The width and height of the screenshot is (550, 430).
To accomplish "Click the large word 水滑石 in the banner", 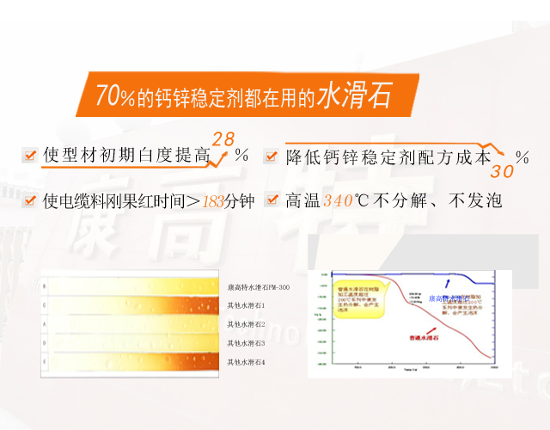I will coord(354,95).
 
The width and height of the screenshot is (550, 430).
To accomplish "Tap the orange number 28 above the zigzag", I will coord(223,138).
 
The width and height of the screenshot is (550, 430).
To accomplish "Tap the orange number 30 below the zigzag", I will coord(502,171).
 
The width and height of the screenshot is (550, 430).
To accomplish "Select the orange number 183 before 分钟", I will coord(212,201).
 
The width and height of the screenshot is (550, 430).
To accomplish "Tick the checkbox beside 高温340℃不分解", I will coord(272,200).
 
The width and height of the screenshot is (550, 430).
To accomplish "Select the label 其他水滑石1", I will coord(246,305).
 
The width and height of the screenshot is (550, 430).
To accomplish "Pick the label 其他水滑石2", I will coord(246,324).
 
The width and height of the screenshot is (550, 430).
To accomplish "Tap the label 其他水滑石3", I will coord(246,343).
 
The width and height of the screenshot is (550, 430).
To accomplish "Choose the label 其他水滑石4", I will coord(246,362).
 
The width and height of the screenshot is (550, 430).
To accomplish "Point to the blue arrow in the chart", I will coord(446,283).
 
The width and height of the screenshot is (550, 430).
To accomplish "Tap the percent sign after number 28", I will coord(242,156).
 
